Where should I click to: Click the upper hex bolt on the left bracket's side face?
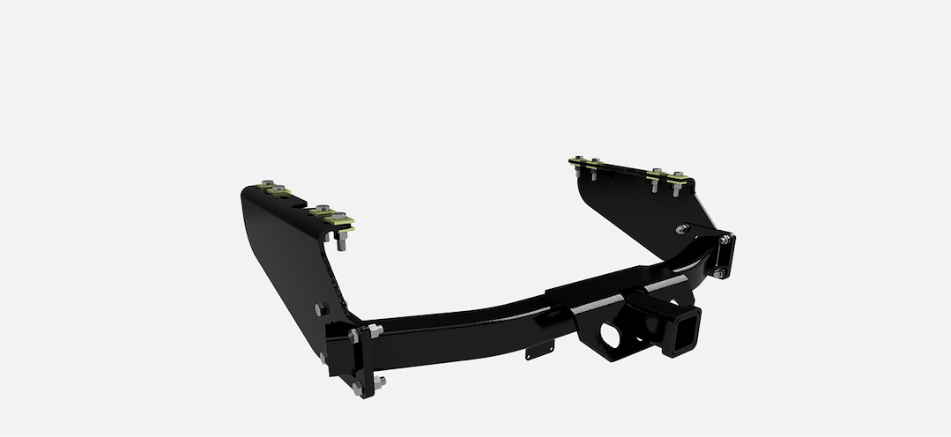pos(322,309)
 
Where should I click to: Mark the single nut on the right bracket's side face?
pos(681,229)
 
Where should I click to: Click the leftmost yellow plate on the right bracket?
pos(577,161)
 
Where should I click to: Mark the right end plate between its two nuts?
pos(724,256)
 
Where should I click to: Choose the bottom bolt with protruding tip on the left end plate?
pos(378,382)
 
